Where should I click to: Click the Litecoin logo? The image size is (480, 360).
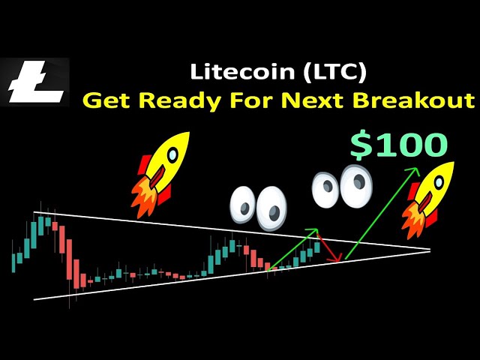tap(35, 82)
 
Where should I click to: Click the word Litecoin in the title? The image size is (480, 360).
tap(241, 72)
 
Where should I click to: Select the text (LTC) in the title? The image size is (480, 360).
tap(334, 72)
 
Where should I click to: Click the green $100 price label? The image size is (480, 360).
tap(399, 145)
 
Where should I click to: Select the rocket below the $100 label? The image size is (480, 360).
tap(428, 200)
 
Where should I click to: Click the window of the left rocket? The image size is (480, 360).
tap(173, 153)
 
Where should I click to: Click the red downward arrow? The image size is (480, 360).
tap(329, 248)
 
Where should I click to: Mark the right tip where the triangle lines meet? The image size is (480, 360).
tap(430, 250)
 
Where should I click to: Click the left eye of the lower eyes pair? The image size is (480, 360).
tap(242, 205)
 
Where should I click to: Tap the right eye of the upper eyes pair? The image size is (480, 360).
tap(356, 185)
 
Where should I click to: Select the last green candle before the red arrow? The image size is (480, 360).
tap(317, 247)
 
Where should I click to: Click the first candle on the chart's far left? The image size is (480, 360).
tap(13, 262)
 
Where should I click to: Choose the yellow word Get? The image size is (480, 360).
tap(108, 100)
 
